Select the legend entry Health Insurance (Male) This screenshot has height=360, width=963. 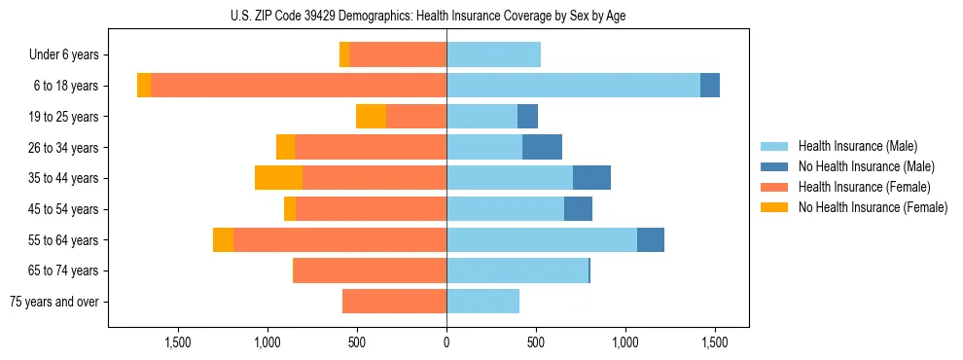[x=856, y=146]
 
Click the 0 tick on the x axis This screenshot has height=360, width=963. [x=446, y=342]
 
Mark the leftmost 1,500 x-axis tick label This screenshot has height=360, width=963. [x=178, y=342]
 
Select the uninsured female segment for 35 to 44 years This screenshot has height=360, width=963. [x=278, y=178]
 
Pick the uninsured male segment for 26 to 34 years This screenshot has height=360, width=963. [x=542, y=147]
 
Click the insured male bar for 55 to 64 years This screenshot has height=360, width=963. [x=542, y=239]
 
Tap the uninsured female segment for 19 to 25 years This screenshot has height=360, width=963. [x=371, y=117]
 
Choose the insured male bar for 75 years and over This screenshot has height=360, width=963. [x=482, y=302]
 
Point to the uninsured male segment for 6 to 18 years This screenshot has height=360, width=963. [x=710, y=86]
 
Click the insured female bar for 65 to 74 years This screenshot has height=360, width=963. [x=370, y=270]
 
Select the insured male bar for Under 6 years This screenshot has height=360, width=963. [x=493, y=54]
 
